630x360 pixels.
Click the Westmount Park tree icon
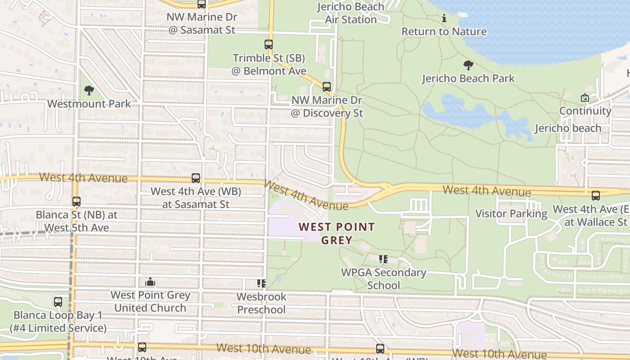[x=89, y=90]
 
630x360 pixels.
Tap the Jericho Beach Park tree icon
[x=468, y=65]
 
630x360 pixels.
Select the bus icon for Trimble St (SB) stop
[x=269, y=45]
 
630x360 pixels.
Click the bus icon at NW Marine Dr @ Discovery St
[x=327, y=87]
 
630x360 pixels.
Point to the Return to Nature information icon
[x=444, y=18]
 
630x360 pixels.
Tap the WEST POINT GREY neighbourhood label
[x=337, y=233]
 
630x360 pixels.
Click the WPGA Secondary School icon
[x=383, y=259]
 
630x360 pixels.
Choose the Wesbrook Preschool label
[x=261, y=303]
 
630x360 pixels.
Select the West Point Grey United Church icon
[x=150, y=282]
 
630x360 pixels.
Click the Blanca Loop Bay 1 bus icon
[x=58, y=302]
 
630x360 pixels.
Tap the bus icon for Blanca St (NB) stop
[x=76, y=201]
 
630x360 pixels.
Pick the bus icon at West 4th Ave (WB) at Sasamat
[x=196, y=178]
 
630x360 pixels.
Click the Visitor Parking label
[x=511, y=214]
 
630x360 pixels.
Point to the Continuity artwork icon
[x=585, y=98]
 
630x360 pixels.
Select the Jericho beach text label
[x=568, y=128]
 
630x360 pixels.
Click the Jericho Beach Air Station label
[x=351, y=13]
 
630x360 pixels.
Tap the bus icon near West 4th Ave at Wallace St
[x=596, y=195]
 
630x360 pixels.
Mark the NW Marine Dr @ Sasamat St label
[x=202, y=23]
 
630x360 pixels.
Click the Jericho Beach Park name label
[x=468, y=78]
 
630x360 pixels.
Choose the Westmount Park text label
[x=89, y=103]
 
